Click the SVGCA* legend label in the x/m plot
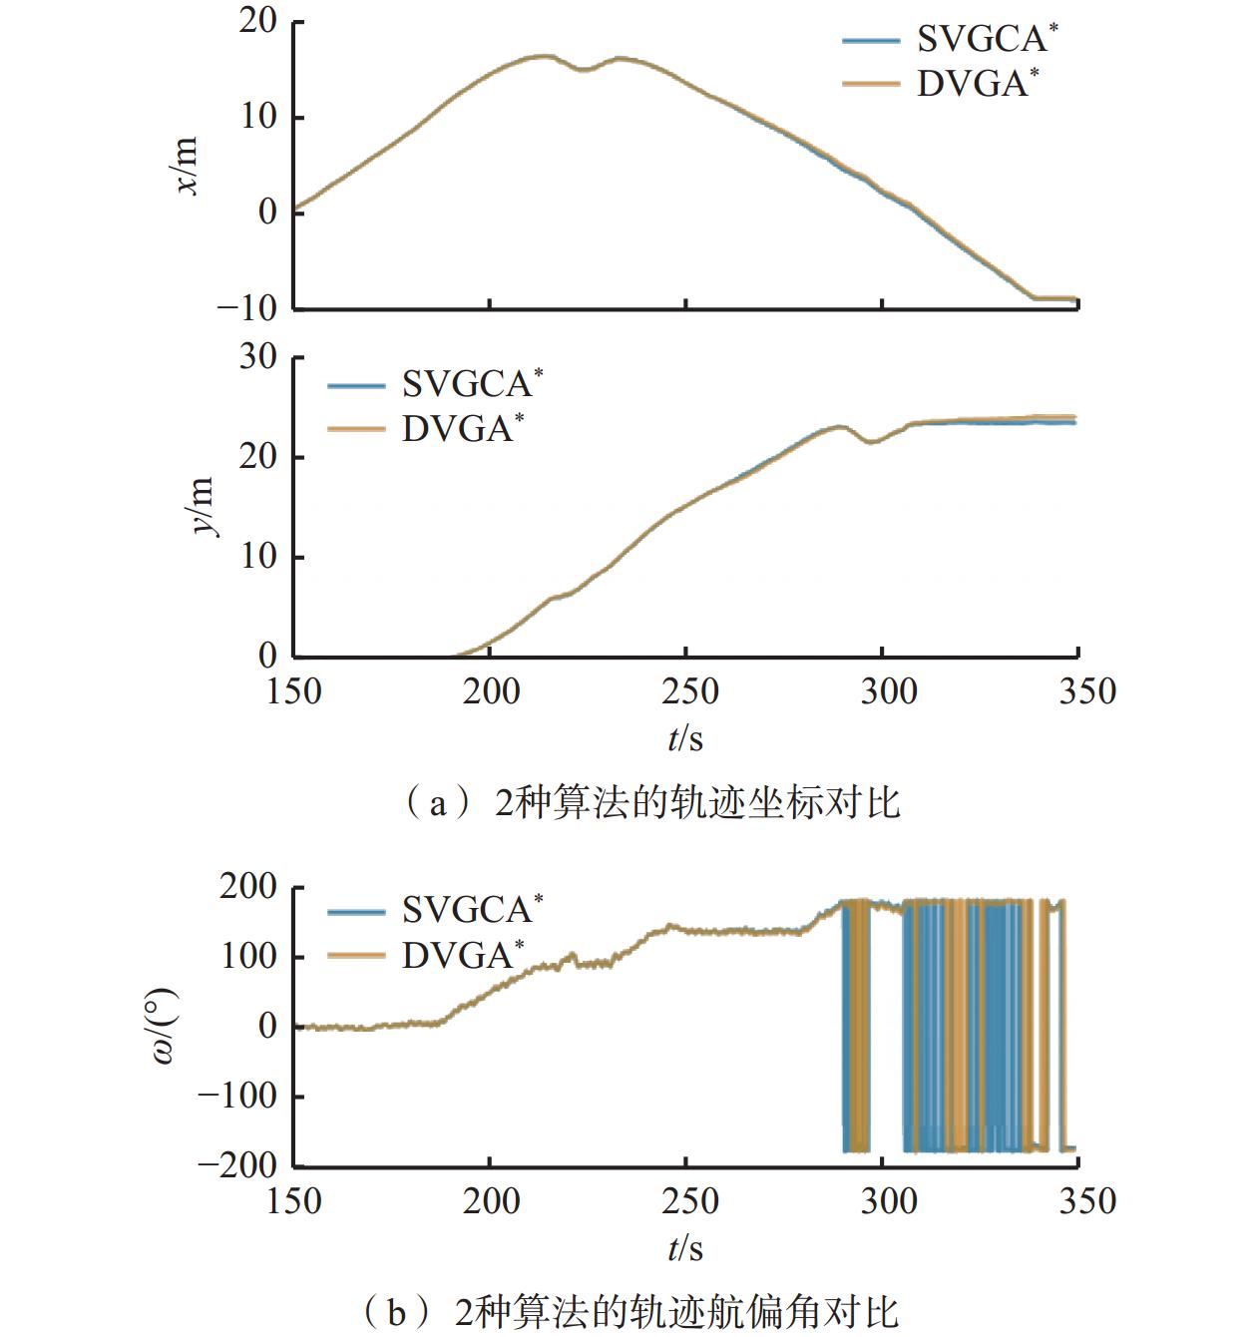click(x=986, y=40)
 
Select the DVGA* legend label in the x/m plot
click(x=976, y=84)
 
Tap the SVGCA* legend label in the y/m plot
click(x=472, y=384)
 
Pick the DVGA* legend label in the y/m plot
click(x=461, y=429)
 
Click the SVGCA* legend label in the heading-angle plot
click(x=472, y=909)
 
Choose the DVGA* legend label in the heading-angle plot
click(x=461, y=955)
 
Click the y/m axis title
click(x=203, y=507)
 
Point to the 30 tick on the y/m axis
click(x=257, y=357)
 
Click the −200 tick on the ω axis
click(x=236, y=1164)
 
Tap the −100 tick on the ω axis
click(x=236, y=1096)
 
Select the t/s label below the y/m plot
click(x=685, y=739)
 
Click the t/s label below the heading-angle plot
click(x=685, y=1248)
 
